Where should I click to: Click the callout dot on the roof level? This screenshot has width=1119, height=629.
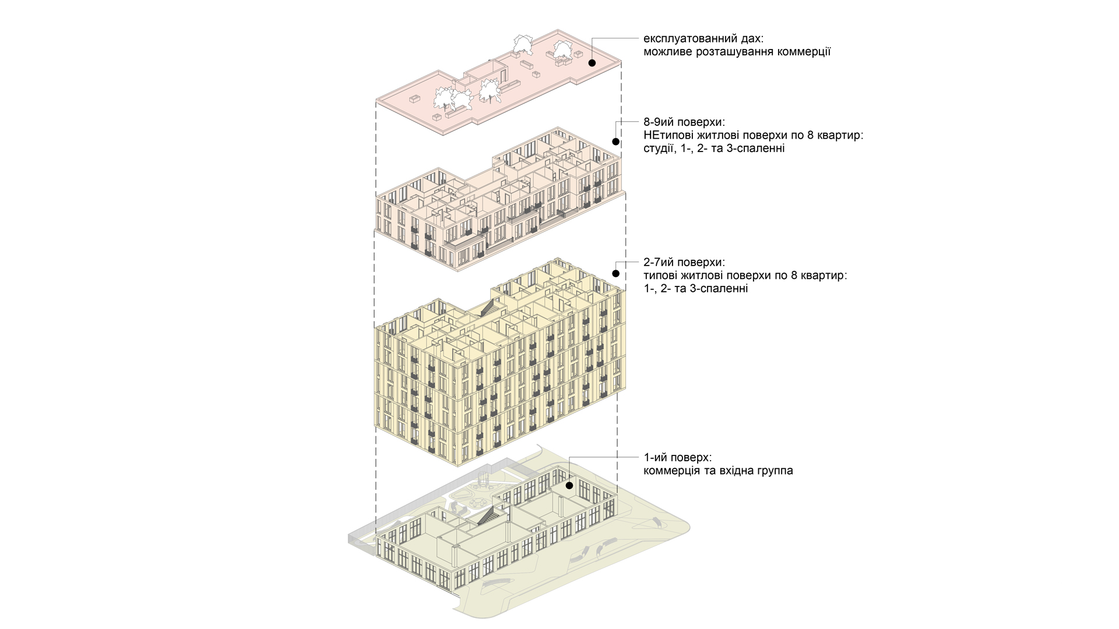[592, 62]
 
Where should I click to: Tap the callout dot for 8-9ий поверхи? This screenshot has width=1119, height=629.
[615, 142]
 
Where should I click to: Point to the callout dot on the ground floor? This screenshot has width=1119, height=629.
[569, 485]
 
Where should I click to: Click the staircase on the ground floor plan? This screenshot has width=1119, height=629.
[487, 516]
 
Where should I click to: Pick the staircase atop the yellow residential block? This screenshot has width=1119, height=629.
[487, 308]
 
